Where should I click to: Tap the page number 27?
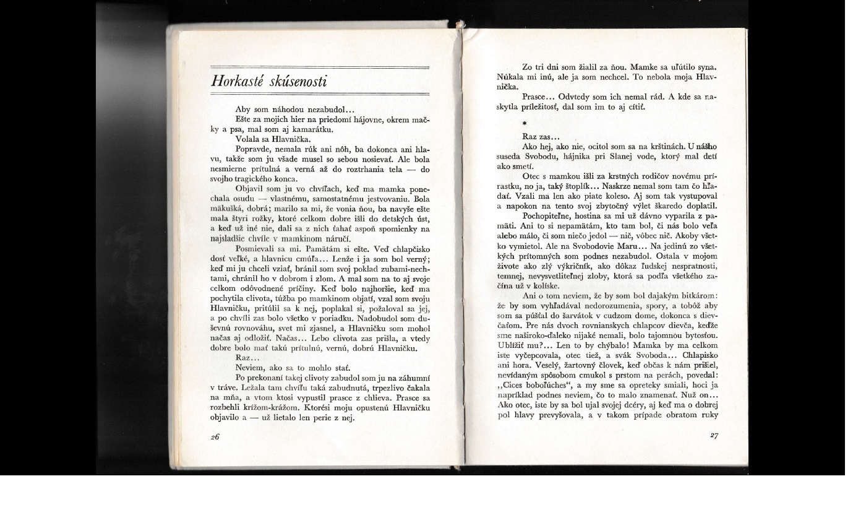point(714,436)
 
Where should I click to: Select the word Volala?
point(249,139)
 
